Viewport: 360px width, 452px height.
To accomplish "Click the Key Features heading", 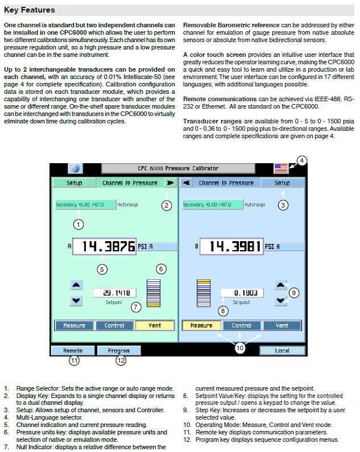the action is (x=29, y=10).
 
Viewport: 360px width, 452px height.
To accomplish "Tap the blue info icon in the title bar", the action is (x=75, y=168).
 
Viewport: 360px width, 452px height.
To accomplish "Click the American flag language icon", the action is (x=281, y=168).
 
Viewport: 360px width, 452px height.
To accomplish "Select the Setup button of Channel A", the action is (x=74, y=183).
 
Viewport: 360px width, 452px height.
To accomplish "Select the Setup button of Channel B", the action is (x=282, y=183).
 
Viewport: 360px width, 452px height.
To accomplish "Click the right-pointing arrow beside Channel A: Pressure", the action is (x=171, y=183).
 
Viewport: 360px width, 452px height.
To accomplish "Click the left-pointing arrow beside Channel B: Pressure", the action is (x=187, y=183).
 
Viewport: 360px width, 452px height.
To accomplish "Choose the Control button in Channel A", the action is (x=114, y=325).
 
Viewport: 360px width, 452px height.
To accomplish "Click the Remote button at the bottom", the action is (x=73, y=351).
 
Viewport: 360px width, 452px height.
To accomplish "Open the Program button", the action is (x=119, y=351).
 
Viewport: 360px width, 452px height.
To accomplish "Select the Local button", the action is (x=282, y=351).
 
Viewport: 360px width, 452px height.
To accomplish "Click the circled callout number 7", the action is (x=136, y=307).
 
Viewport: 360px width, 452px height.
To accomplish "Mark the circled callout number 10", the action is (x=240, y=348).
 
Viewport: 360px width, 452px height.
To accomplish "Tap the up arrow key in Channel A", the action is (x=76, y=285).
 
